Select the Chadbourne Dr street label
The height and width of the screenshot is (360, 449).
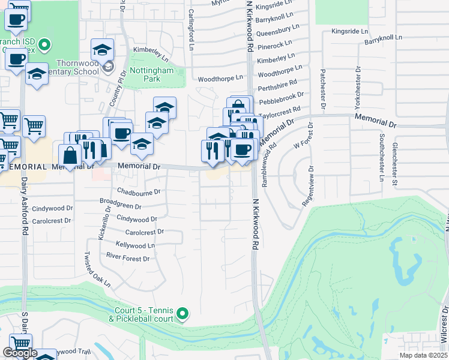[139, 193]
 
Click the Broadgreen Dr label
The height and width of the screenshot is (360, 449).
[121, 205]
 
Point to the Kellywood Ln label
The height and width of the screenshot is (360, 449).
[135, 245]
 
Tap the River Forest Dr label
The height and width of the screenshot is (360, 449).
[127, 259]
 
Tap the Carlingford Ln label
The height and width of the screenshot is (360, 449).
[191, 20]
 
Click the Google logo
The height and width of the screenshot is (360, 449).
[20, 353]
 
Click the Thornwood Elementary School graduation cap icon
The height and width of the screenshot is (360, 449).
[102, 49]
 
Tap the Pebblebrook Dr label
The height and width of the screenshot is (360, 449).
[282, 99]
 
